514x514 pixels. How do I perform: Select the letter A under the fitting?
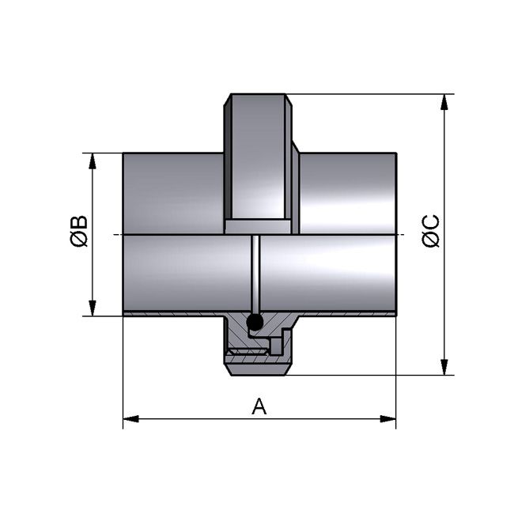259,406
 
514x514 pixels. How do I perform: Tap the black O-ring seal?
255,322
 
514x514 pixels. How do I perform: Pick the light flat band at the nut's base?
258,227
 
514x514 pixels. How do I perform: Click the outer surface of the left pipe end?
172,193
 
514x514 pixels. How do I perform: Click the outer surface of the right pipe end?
348,193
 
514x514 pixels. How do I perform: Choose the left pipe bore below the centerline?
186,273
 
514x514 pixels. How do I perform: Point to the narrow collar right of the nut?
296,190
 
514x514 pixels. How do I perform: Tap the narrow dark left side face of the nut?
228,158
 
